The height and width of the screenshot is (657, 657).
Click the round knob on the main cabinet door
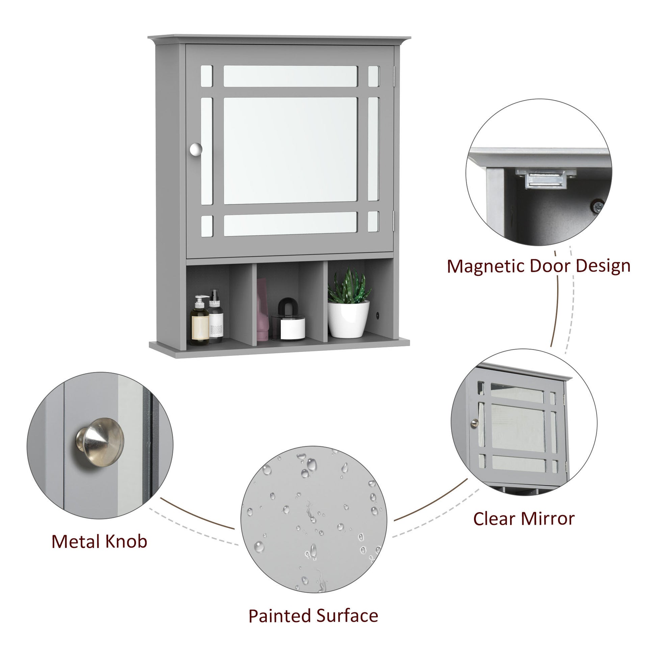coord(196,149)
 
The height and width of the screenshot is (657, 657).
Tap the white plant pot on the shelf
coord(348,320)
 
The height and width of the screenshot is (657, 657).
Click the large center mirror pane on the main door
coord(290,151)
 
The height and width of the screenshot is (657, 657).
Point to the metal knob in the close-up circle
coord(100,442)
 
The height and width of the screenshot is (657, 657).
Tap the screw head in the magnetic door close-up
coord(597,206)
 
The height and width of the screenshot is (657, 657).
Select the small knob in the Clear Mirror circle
coord(474,423)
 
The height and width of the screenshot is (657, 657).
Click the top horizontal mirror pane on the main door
coord(290,76)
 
